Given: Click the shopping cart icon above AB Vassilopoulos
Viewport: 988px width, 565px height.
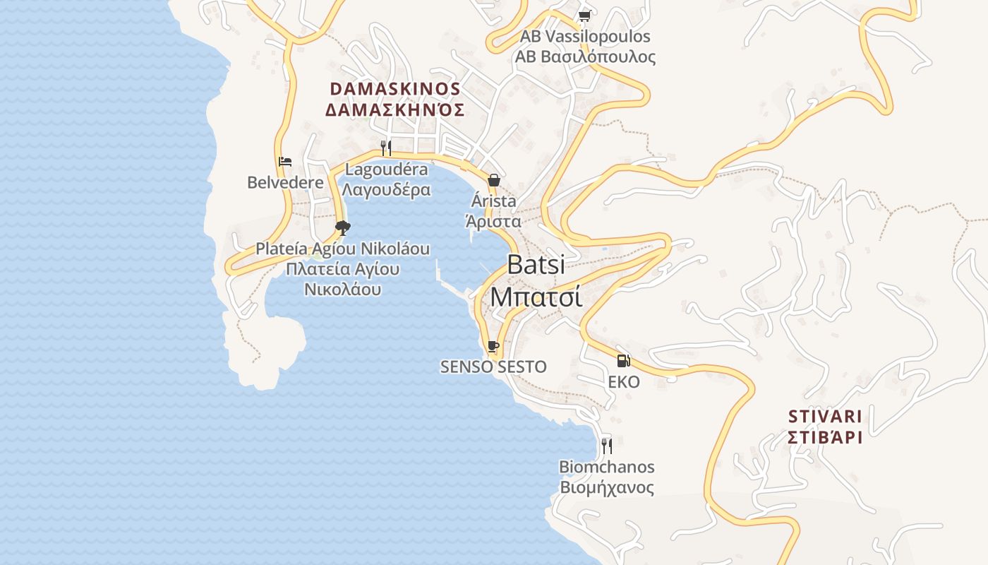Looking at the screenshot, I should click(584, 16).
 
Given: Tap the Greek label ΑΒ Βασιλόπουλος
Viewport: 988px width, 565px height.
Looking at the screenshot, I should click(585, 57).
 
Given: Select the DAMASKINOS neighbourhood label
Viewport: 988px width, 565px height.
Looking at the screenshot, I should click(395, 89).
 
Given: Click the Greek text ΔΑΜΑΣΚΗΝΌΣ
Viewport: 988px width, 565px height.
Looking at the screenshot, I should click(395, 109).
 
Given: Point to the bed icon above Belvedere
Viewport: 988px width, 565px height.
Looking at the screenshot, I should click(285, 162).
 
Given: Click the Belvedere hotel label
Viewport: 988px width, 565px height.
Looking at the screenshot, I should click(285, 182).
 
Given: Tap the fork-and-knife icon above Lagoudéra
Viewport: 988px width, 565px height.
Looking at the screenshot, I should click(385, 148).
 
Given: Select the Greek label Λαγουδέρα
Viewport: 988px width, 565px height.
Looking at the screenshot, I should click(385, 190).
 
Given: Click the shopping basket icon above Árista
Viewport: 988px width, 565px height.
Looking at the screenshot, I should click(494, 180).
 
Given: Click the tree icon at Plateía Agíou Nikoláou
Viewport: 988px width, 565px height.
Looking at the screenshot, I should click(343, 227).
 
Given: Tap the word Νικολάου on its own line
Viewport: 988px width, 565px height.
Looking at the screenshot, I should click(343, 289).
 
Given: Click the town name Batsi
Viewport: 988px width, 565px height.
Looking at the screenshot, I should click(536, 265).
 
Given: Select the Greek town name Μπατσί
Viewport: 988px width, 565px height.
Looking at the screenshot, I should click(536, 297).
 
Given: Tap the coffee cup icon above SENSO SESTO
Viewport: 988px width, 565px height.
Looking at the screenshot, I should click(493, 346).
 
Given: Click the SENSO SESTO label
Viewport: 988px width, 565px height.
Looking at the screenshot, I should click(493, 367).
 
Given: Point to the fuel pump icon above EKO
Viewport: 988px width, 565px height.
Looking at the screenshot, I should click(623, 361).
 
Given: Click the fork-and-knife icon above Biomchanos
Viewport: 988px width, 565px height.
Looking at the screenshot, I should click(606, 446).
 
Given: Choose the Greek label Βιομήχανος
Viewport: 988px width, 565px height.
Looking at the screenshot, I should click(607, 487).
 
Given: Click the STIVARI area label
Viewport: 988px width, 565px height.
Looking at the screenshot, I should click(825, 415).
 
